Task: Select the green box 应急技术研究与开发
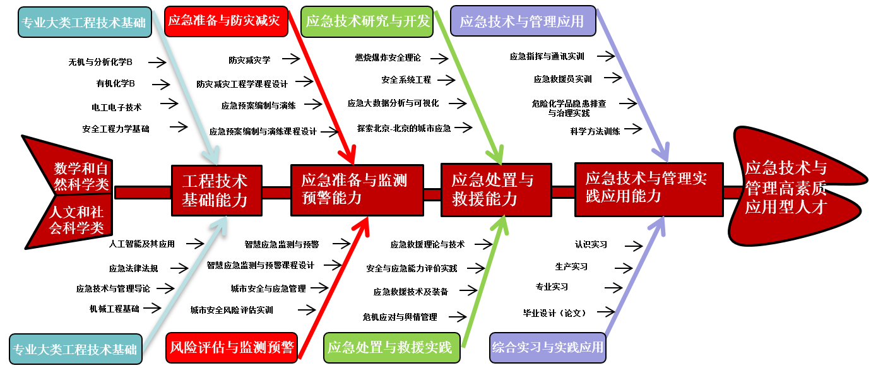[367, 21]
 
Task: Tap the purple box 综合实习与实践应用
[547, 347]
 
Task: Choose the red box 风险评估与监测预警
[232, 347]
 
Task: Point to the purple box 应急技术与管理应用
[523, 21]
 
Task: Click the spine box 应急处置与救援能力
[495, 189]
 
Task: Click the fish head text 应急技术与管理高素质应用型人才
[786, 187]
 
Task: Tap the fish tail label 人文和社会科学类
[77, 220]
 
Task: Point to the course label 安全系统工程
[406, 80]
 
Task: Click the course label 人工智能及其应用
[141, 243]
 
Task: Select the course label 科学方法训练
[595, 131]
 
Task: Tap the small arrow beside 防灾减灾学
[290, 59]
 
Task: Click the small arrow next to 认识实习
[632, 245]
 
